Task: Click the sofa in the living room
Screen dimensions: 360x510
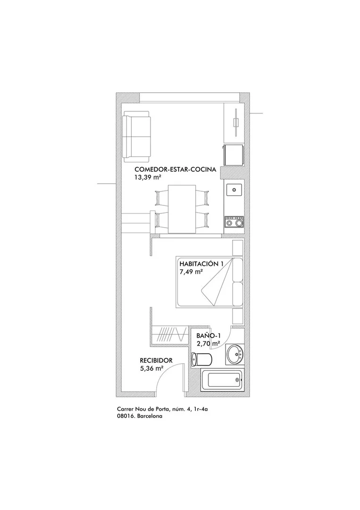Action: click(137, 136)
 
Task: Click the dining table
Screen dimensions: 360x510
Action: click(182, 209)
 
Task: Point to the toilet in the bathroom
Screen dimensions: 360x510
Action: click(202, 359)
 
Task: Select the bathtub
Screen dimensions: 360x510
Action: click(222, 381)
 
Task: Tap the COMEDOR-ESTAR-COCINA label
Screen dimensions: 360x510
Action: click(176, 170)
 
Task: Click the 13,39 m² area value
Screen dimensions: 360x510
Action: click(148, 177)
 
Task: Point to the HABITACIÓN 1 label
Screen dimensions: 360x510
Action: click(201, 264)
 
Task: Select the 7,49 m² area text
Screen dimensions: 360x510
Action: click(191, 272)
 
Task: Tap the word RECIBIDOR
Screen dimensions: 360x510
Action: click(156, 360)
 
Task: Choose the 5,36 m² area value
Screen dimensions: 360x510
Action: click(151, 368)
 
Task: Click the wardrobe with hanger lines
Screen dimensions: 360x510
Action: click(169, 335)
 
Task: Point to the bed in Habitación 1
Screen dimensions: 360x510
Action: click(209, 281)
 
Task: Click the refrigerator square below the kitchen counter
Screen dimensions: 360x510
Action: click(233, 155)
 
